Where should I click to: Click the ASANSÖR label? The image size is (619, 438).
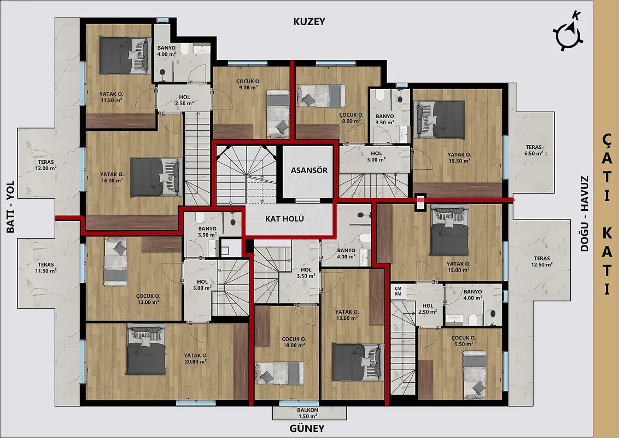[x=309, y=170]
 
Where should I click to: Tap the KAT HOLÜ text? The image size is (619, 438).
[x=284, y=218]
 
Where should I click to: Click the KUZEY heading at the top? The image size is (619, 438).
[x=309, y=22]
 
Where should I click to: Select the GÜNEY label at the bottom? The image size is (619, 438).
[x=307, y=428]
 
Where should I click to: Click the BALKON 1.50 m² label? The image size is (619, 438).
[x=308, y=413]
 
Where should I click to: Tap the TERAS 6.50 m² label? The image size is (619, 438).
[x=533, y=150]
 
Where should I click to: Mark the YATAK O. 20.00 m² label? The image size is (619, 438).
[x=195, y=358]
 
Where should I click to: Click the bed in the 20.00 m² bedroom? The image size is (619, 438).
[x=146, y=349]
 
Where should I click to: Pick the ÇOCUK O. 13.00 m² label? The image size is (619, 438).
[x=148, y=299]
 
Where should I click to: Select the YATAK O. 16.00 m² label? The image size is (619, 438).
[x=112, y=177]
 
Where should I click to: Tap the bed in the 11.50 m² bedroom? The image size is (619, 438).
[x=126, y=55]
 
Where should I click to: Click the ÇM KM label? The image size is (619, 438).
[x=398, y=291]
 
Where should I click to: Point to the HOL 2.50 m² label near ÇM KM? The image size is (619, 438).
[x=428, y=308]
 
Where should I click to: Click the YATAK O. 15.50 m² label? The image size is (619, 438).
[x=459, y=158]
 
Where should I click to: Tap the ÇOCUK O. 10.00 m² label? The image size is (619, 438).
[x=294, y=342]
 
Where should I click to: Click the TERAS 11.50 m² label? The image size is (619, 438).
[x=46, y=268]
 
